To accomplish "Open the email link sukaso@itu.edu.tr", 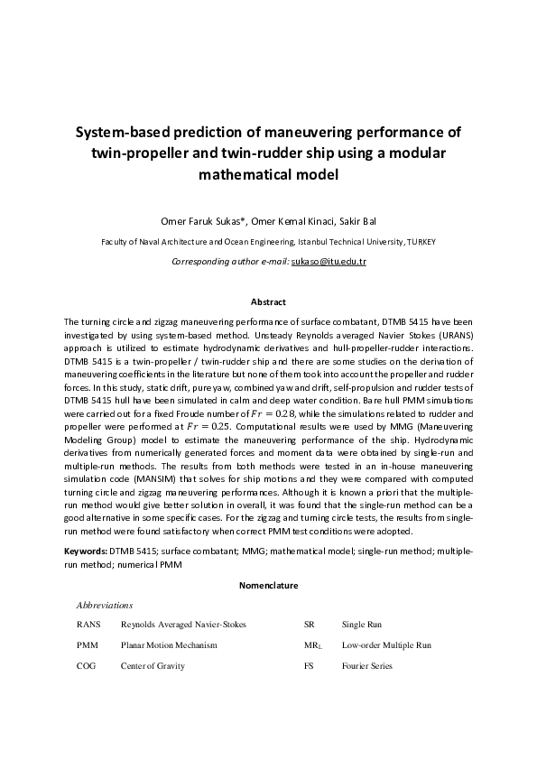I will [x=329, y=261].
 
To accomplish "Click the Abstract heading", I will [x=268, y=302].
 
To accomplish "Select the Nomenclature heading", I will [x=268, y=586].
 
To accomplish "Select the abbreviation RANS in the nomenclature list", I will [x=88, y=624].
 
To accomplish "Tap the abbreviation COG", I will [x=87, y=666].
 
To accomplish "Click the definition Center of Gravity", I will [x=153, y=666].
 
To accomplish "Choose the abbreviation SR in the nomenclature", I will [x=309, y=624].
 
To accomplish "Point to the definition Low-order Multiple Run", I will [x=386, y=645].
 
